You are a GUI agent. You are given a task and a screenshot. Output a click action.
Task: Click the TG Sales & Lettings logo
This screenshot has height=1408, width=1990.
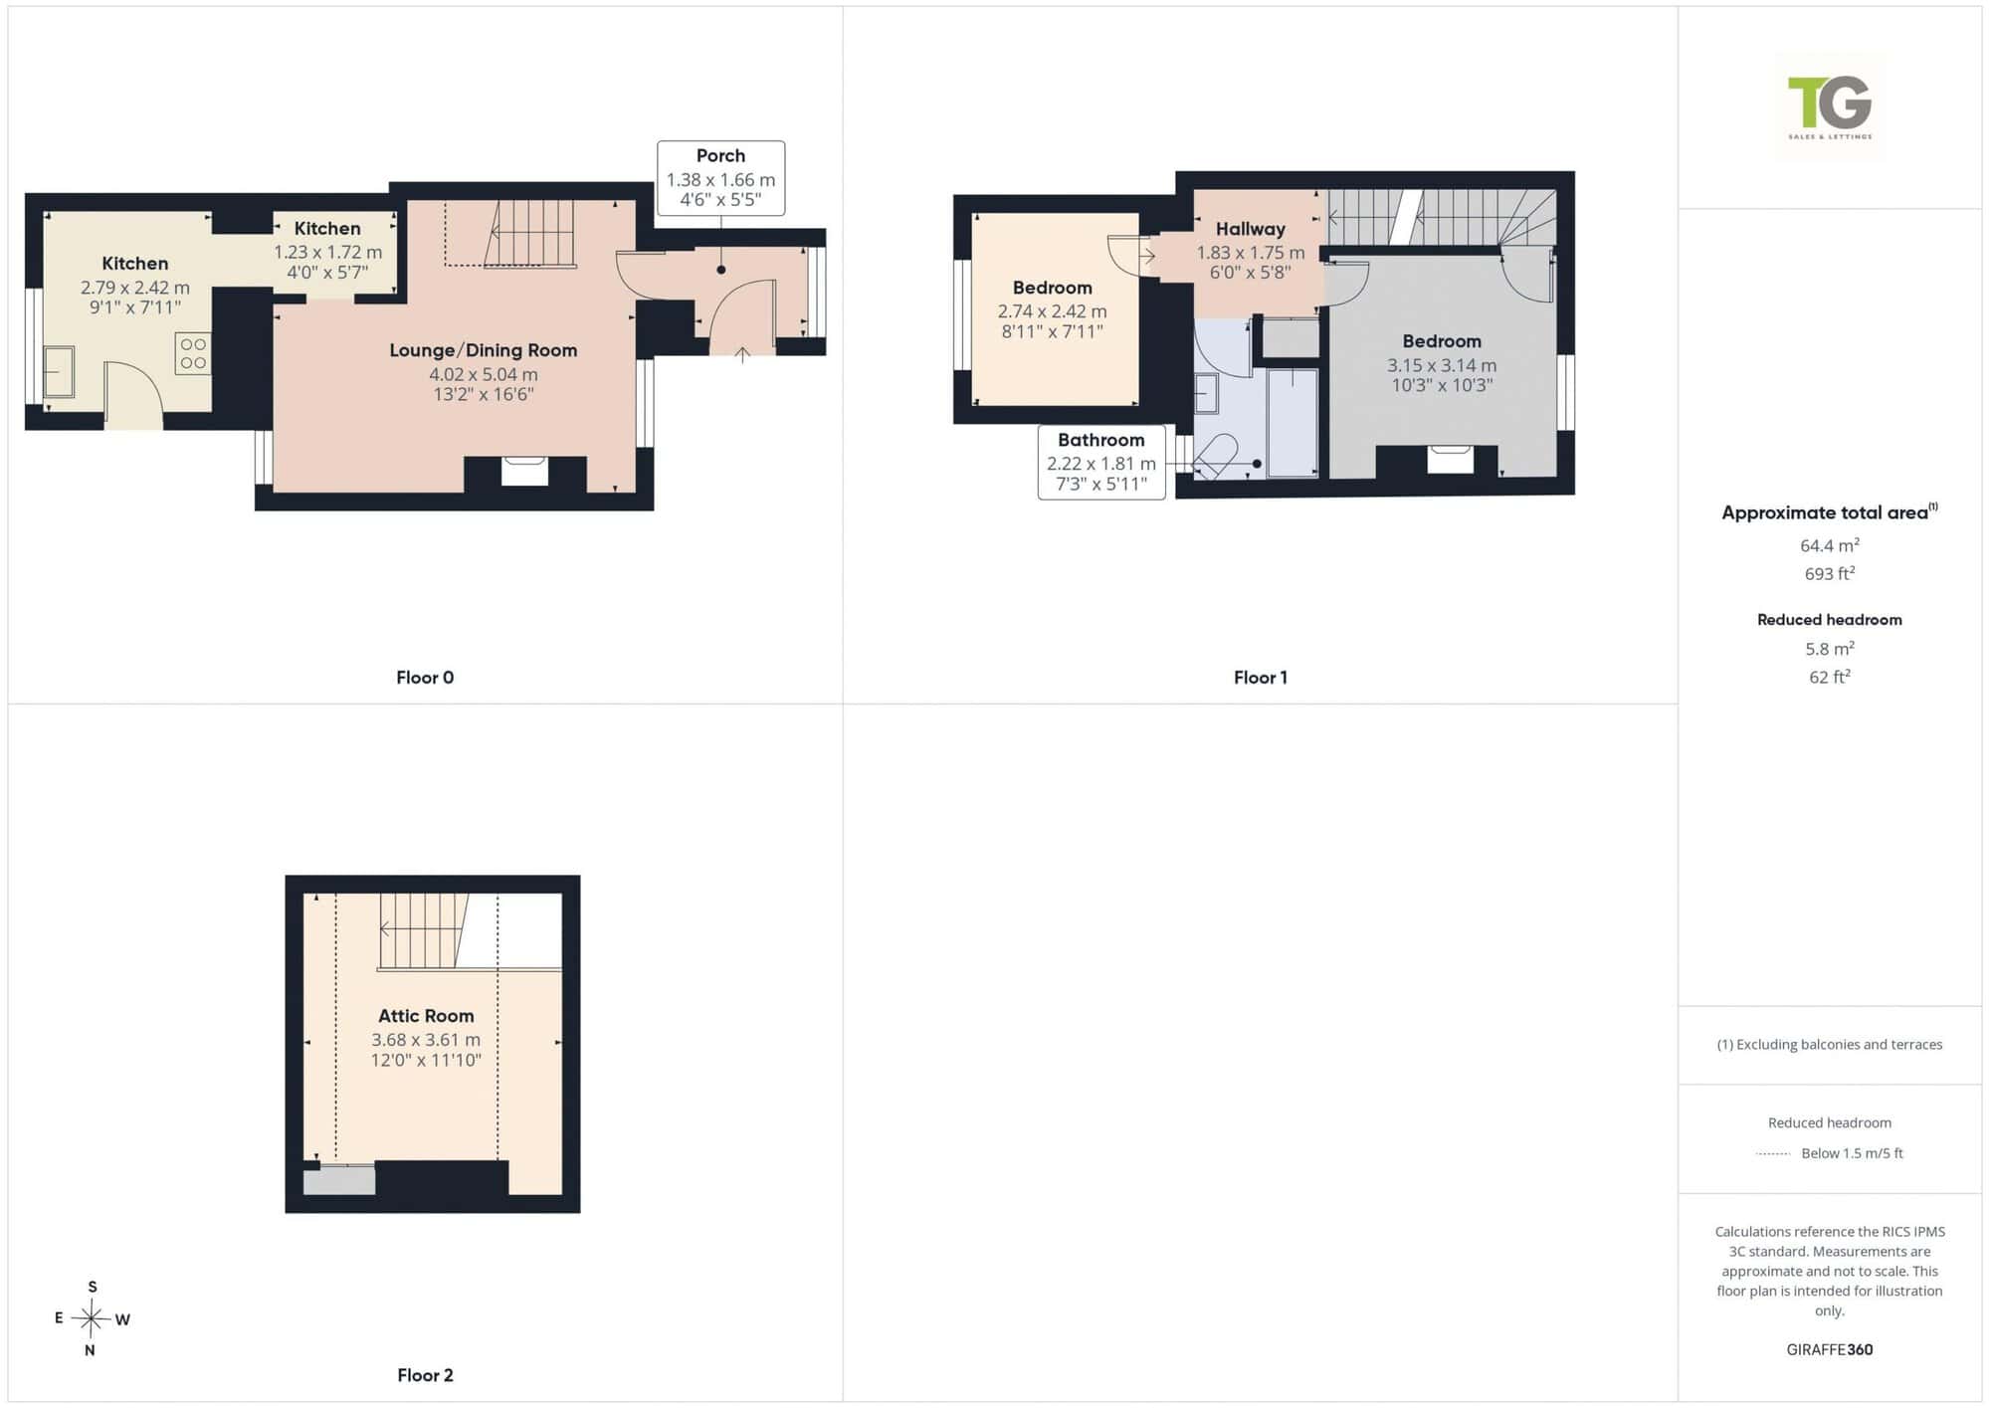pyautogui.click(x=1830, y=106)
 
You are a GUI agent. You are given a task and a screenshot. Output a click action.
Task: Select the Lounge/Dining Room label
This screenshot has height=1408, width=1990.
pyautogui.click(x=484, y=350)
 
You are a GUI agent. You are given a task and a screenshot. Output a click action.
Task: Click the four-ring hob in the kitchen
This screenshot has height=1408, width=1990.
pyautogui.click(x=193, y=354)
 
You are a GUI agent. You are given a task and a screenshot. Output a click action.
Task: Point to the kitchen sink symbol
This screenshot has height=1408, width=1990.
pyautogui.click(x=59, y=372)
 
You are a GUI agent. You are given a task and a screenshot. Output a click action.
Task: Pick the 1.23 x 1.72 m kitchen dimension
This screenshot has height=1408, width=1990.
pyautogui.click(x=327, y=253)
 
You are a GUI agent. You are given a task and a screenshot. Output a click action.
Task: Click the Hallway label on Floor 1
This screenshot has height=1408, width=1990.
pyautogui.click(x=1251, y=229)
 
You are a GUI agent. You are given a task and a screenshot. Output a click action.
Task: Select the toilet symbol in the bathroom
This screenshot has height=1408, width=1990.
pyautogui.click(x=1215, y=457)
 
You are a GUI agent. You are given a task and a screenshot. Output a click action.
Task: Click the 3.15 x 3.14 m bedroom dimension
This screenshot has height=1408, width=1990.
pyautogui.click(x=1442, y=365)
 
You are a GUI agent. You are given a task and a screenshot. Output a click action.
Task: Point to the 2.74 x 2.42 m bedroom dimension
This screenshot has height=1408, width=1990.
pyautogui.click(x=1052, y=311)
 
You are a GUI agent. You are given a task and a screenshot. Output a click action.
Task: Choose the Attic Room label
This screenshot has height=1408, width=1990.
pyautogui.click(x=426, y=1016)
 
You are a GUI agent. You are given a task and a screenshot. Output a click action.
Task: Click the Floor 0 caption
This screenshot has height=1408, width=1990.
pyautogui.click(x=425, y=678)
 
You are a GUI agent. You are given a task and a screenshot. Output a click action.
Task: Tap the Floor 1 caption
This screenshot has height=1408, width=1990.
pyautogui.click(x=1261, y=678)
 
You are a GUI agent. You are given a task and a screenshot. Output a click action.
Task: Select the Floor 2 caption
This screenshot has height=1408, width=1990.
pyautogui.click(x=425, y=1375)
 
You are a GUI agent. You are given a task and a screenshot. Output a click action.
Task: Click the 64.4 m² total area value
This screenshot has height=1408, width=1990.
pyautogui.click(x=1830, y=545)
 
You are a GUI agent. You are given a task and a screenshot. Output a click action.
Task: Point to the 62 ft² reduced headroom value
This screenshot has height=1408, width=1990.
pyautogui.click(x=1830, y=677)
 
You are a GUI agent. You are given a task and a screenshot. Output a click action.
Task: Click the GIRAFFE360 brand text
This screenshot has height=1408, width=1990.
pyautogui.click(x=1830, y=1349)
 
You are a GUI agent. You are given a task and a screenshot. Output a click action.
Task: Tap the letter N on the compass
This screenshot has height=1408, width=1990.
pyautogui.click(x=90, y=1350)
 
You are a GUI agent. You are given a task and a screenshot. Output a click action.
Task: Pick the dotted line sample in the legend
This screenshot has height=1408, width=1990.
pyautogui.click(x=1773, y=1154)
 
